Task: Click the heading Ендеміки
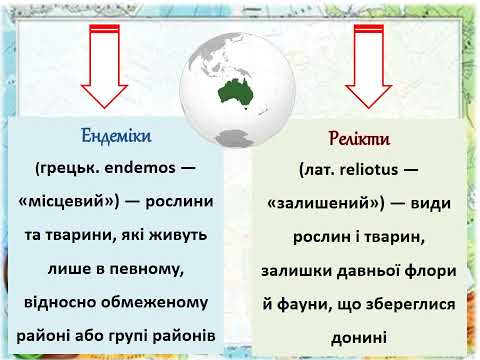point(116,136)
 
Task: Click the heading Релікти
point(359,138)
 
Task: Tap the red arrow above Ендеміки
point(104,67)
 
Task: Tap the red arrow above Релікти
point(369,67)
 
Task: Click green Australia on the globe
point(235,92)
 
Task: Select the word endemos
point(140,168)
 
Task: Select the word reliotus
point(369,170)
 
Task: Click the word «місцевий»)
point(69,202)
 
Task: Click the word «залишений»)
point(326,203)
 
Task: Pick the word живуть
point(178,235)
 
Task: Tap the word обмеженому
point(155,302)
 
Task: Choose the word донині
point(359,337)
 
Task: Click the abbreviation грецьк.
point(68,168)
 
